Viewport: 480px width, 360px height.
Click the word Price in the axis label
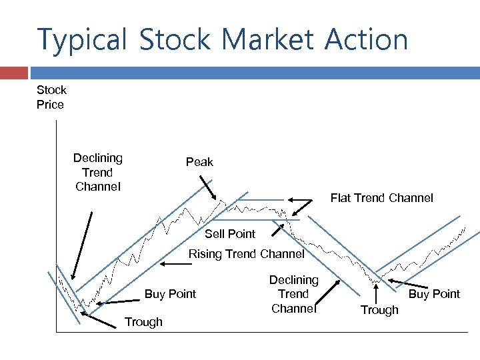(50, 105)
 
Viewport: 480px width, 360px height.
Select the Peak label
(199, 162)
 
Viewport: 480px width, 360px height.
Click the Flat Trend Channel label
(381, 198)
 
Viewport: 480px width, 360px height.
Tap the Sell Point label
(230, 233)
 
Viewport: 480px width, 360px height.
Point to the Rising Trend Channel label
(246, 254)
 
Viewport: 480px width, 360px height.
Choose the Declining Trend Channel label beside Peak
(98, 172)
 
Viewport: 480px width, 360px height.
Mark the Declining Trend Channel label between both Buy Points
(293, 294)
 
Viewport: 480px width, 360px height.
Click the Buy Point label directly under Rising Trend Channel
(171, 294)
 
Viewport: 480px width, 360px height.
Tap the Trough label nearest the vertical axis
(143, 322)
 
